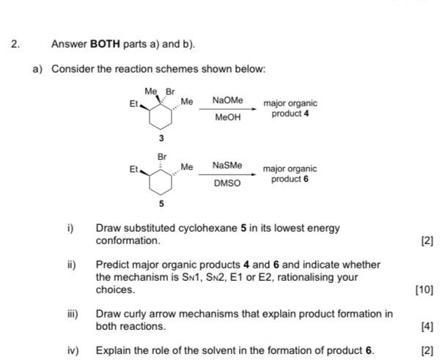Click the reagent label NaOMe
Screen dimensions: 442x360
227,100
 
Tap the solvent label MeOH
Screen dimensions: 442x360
227,117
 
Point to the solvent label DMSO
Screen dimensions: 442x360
227,183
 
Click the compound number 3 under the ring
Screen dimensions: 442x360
161,139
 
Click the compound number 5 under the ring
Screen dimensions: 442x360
161,205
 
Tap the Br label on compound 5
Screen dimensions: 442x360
162,156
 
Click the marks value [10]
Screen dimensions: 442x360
424,290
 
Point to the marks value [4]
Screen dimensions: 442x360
427,326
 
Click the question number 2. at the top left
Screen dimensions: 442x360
15,44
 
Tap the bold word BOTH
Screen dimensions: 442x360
105,44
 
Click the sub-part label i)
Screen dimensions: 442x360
71,228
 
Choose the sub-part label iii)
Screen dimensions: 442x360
72,314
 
